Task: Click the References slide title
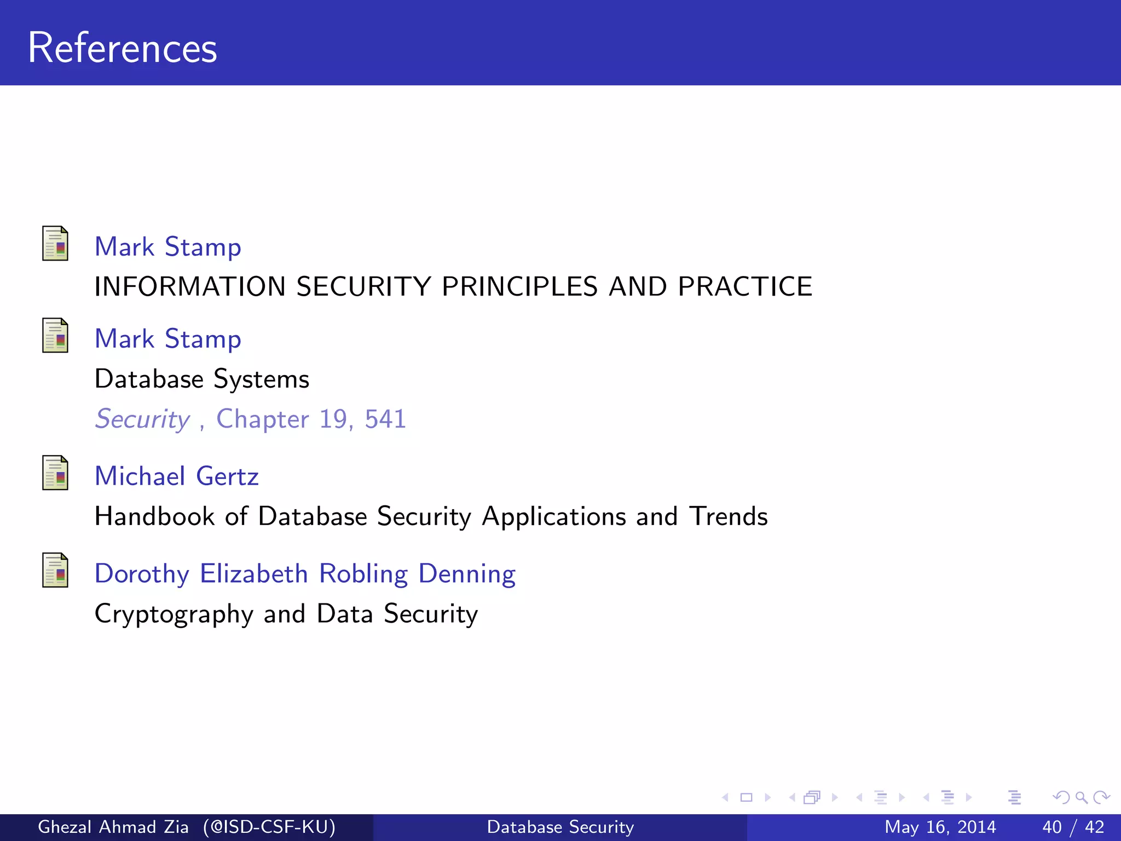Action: pyautogui.click(x=123, y=48)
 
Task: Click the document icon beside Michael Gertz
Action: pyautogui.click(x=55, y=473)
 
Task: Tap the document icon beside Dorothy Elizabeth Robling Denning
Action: pyautogui.click(x=55, y=571)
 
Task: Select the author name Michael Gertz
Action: pyautogui.click(x=176, y=476)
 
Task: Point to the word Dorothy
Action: pyautogui.click(x=142, y=574)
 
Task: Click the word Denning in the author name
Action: pyautogui.click(x=466, y=574)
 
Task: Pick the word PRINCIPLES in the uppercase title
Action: pyautogui.click(x=519, y=286)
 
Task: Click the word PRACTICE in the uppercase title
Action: pyautogui.click(x=745, y=286)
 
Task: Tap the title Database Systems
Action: pyautogui.click(x=202, y=379)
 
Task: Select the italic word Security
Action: pyautogui.click(x=142, y=419)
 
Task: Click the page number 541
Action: pyautogui.click(x=385, y=419)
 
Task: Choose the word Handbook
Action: pyautogui.click(x=155, y=516)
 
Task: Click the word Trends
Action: pyautogui.click(x=728, y=516)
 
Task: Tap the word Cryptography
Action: pyautogui.click(x=174, y=614)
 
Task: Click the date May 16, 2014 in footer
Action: pyautogui.click(x=940, y=827)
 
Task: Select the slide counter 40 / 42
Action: pyautogui.click(x=1073, y=827)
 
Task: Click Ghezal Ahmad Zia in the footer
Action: pyautogui.click(x=113, y=827)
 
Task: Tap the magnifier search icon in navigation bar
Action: pyautogui.click(x=1080, y=797)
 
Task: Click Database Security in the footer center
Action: pyautogui.click(x=560, y=827)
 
